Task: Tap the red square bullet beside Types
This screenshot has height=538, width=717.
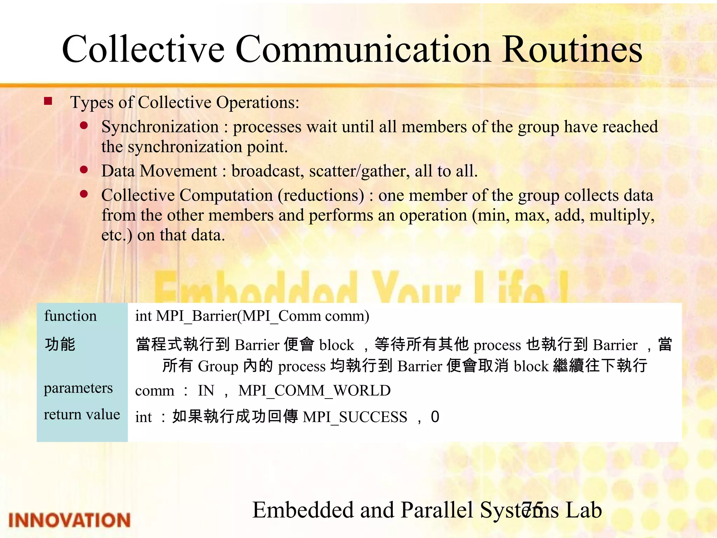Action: (x=48, y=102)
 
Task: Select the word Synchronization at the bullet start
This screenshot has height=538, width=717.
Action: (x=160, y=127)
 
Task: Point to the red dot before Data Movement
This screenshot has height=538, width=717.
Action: (x=84, y=170)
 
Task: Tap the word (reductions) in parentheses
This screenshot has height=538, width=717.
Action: (x=321, y=195)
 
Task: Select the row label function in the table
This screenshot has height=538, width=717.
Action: (x=70, y=316)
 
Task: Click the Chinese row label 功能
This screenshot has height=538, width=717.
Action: (x=60, y=344)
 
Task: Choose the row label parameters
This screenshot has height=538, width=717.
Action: (x=78, y=388)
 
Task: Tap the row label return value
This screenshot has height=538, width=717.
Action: (x=82, y=415)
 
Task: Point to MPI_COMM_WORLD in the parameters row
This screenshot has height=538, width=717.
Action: (x=314, y=391)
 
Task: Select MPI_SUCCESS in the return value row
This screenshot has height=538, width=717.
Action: (x=355, y=417)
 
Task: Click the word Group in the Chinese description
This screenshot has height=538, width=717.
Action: (x=218, y=366)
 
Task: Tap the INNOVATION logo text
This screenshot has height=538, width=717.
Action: (x=69, y=520)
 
